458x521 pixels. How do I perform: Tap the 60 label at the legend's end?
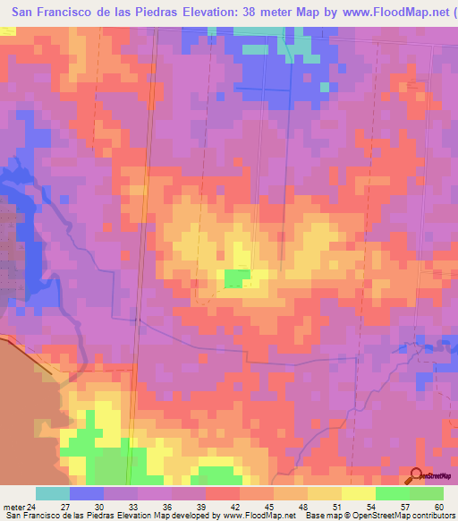(438, 506)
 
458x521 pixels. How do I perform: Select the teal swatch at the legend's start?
(53, 493)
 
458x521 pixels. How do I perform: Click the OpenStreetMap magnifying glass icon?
(416, 475)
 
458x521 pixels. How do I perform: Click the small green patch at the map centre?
(236, 278)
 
